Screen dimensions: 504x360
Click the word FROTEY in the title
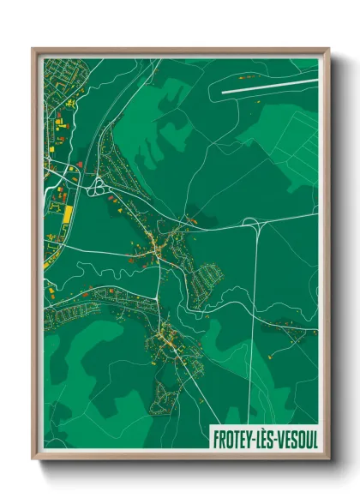tap(235, 438)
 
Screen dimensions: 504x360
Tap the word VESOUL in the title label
tap(293, 438)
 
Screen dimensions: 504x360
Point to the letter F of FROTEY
tap(214, 438)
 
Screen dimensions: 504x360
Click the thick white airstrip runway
tap(269, 84)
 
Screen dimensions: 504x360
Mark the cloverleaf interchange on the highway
tap(95, 183)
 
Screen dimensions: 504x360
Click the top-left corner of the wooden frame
tap(33, 49)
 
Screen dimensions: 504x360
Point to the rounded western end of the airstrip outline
tap(224, 88)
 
